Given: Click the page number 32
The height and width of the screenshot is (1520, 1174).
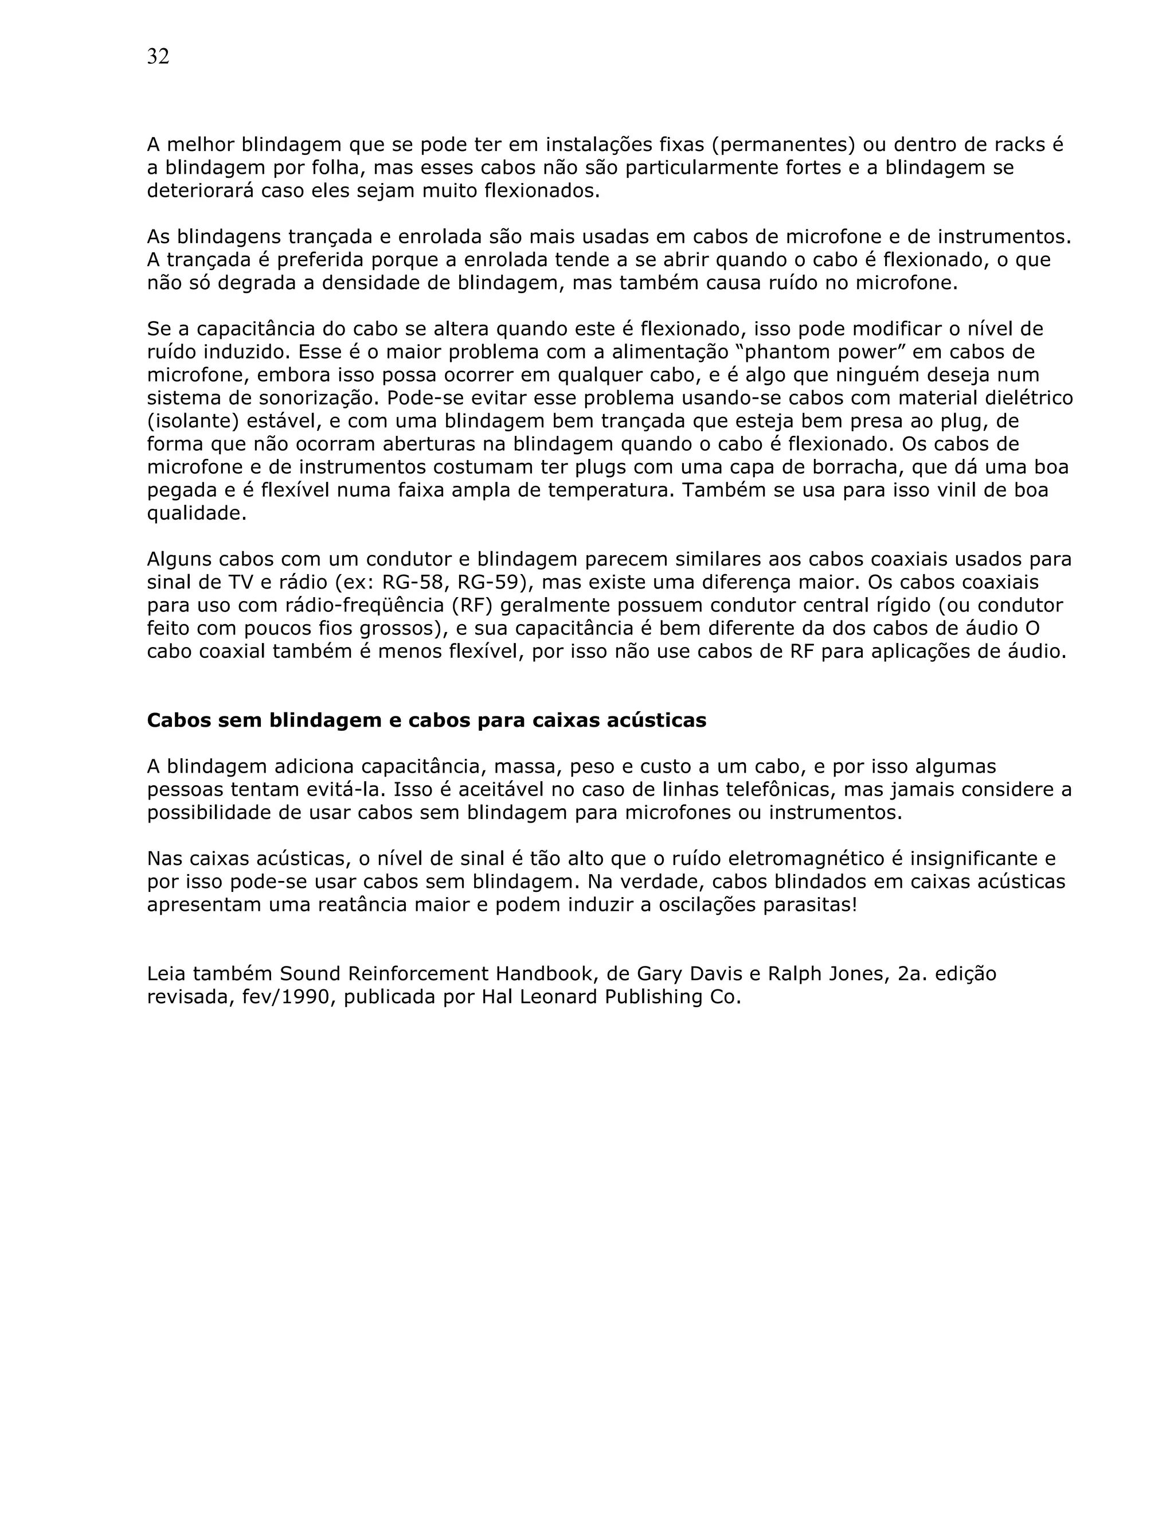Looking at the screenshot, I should (x=158, y=57).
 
